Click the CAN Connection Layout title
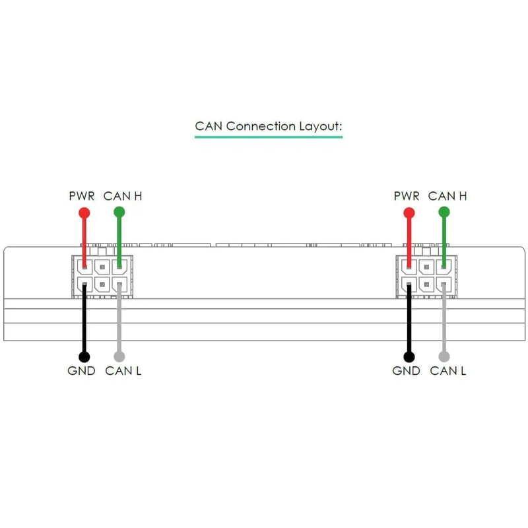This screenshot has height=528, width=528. coord(269,125)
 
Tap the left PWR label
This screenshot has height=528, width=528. coord(82,196)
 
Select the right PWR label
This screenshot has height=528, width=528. coord(407,196)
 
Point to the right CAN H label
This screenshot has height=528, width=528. coord(447,196)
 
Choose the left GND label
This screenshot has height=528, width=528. coord(81,371)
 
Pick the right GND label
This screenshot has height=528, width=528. coord(406,371)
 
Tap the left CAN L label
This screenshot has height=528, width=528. coord(123,371)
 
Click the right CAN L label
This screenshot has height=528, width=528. coord(447,371)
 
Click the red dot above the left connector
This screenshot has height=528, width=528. coord(84,213)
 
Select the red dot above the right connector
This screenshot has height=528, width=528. coord(409,213)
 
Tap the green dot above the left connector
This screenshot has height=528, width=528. coord(119,212)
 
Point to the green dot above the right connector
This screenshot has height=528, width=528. coord(444,212)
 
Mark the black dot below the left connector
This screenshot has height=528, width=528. coord(84,357)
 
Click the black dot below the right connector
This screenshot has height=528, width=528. coord(409,357)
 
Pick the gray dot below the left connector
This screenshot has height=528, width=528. coord(119,357)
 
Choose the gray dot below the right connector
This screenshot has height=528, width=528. coord(444,357)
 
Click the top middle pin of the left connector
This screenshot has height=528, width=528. coord(102,267)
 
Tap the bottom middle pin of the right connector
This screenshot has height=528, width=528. coord(426,284)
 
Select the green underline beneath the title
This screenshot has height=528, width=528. coord(269,137)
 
